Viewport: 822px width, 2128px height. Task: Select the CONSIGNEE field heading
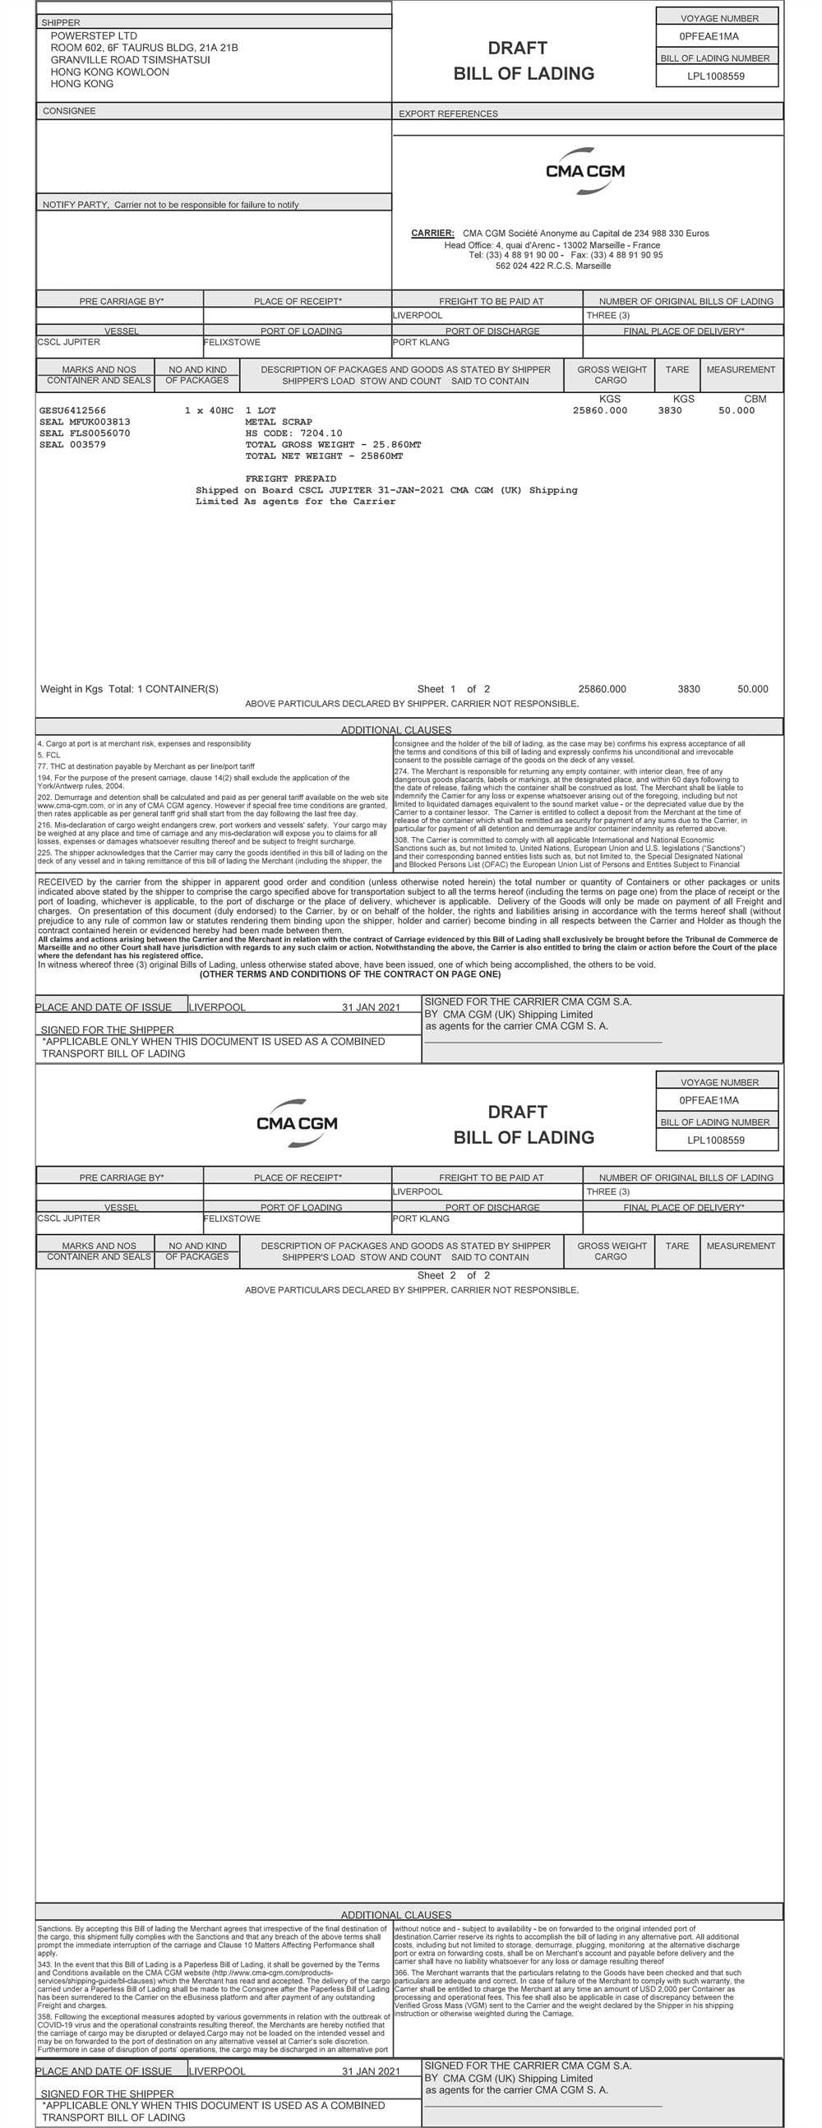pyautogui.click(x=68, y=111)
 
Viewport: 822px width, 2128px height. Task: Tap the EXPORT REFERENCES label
pyautogui.click(x=448, y=114)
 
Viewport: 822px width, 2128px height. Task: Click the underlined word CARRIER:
pyautogui.click(x=432, y=233)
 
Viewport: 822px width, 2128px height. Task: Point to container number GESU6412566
pyautogui.click(x=72, y=410)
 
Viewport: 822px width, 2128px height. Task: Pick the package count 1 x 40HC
pyautogui.click(x=209, y=410)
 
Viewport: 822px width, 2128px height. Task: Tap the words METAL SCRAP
pyautogui.click(x=279, y=422)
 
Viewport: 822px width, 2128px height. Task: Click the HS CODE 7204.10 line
pyautogui.click(x=293, y=433)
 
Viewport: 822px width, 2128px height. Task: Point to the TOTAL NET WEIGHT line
pyautogui.click(x=324, y=456)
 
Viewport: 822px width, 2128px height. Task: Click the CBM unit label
pyautogui.click(x=755, y=399)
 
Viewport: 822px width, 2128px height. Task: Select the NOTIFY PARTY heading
pyautogui.click(x=75, y=205)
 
